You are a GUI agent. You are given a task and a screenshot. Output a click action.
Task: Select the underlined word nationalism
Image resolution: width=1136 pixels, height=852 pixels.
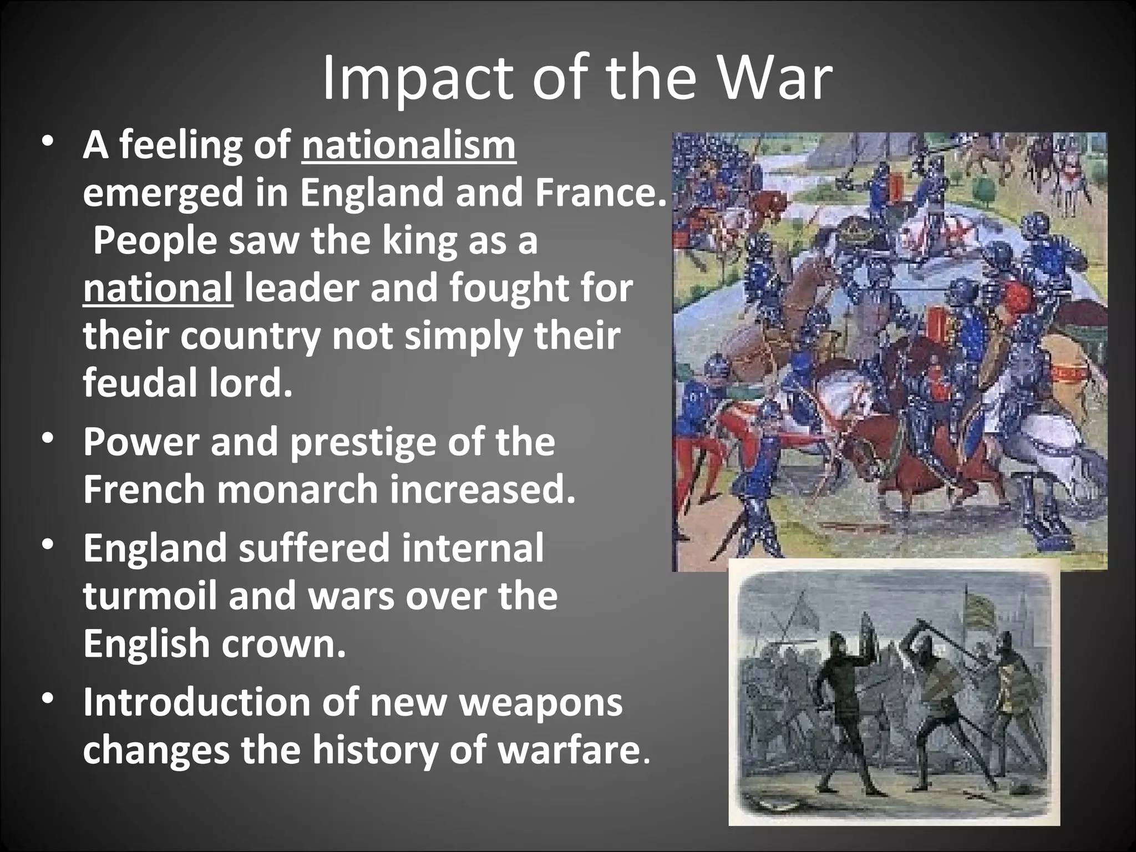(x=409, y=146)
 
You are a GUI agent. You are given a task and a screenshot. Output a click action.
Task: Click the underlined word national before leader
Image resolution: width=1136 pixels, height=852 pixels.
(x=158, y=289)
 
